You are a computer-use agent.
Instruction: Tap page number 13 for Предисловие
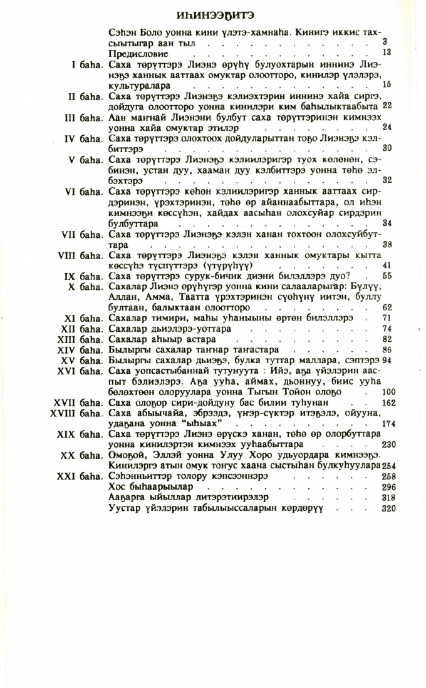point(387,53)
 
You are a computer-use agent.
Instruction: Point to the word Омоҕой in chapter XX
point(128,455)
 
